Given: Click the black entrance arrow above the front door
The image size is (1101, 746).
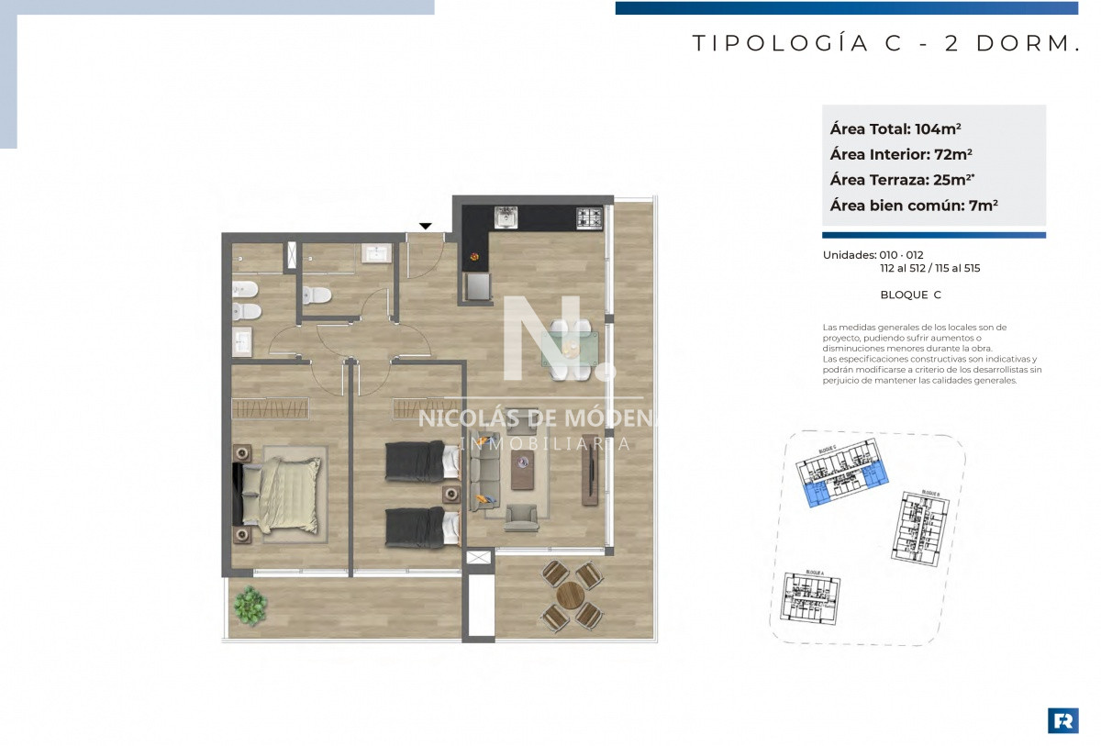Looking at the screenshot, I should [425, 226].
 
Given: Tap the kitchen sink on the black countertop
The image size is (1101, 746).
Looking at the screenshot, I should [506, 217].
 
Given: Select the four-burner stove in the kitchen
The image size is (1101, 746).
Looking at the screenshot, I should [588, 218].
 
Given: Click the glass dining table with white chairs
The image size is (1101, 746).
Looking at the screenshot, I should [570, 350].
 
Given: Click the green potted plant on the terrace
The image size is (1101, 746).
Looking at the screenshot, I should [249, 606].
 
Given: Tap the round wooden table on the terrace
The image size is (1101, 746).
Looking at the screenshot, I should [571, 596].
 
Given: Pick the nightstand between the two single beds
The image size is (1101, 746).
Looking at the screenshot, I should [451, 494].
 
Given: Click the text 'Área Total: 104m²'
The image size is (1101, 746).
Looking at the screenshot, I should [895, 128].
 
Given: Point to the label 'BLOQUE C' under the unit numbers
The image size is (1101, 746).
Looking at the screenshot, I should [910, 295].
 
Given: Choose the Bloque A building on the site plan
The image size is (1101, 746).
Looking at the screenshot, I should [810, 601].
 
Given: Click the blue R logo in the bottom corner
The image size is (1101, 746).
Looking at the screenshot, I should [1062, 720].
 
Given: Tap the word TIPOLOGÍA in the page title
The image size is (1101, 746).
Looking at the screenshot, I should [780, 43].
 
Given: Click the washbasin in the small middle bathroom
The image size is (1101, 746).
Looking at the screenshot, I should [375, 254].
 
